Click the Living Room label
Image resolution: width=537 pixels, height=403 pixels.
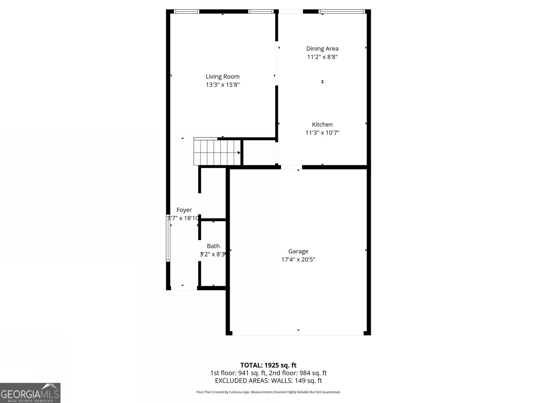223,77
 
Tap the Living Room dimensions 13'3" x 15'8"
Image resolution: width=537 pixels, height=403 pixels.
223,85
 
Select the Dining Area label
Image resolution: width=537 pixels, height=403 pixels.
322,49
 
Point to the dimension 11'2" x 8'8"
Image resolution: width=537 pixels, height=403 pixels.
322,57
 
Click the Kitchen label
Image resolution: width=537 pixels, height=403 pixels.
322,125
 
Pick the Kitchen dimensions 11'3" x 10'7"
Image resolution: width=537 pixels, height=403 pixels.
322,133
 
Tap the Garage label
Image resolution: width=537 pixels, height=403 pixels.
298,251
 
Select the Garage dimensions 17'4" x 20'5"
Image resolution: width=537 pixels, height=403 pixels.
298,260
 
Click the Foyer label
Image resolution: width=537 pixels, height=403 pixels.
184,210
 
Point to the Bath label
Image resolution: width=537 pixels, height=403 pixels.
213,246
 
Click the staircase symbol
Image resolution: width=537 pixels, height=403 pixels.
216,152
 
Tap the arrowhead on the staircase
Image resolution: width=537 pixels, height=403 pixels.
239,153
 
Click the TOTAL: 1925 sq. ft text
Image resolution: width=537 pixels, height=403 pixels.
268,365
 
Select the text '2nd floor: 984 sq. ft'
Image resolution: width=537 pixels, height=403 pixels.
298,373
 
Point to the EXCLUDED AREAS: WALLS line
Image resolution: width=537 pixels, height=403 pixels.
268,381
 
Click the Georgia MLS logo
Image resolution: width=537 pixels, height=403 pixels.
30,393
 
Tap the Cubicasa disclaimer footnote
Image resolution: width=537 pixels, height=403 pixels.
268,392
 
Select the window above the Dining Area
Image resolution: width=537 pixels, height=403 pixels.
342,11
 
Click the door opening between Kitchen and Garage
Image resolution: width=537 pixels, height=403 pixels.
291,167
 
